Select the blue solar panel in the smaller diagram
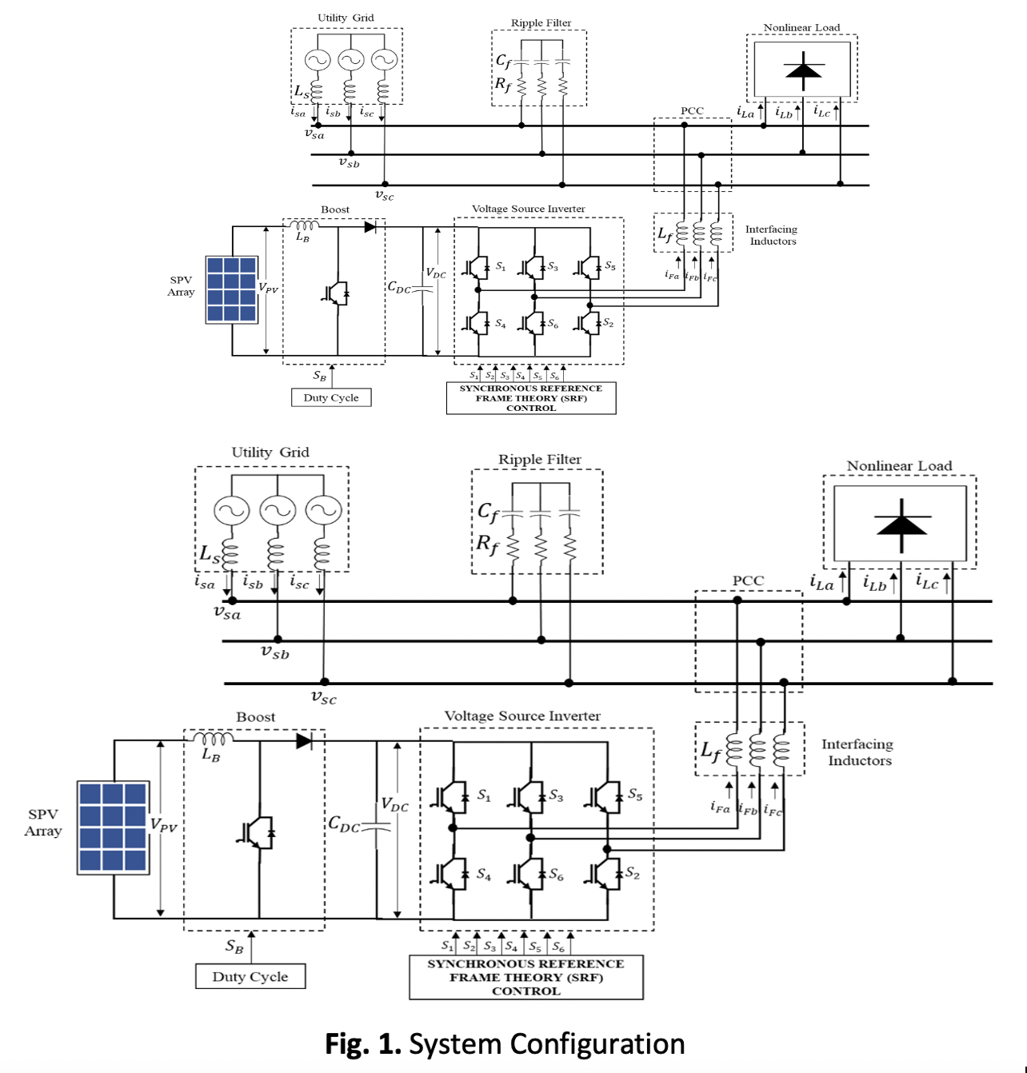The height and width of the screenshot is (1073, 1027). pyautogui.click(x=231, y=289)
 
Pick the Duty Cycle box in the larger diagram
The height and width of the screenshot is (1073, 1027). pyautogui.click(x=250, y=976)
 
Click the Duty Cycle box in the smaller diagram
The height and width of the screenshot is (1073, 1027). pyautogui.click(x=331, y=397)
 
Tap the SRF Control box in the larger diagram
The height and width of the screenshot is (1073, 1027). pyautogui.click(x=525, y=977)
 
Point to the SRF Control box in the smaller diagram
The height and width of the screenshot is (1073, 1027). pyautogui.click(x=531, y=398)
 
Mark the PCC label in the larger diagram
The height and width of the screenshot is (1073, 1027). pyautogui.click(x=748, y=580)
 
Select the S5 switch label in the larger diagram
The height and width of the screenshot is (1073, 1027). pyautogui.click(x=634, y=795)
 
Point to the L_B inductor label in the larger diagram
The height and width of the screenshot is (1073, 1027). pyautogui.click(x=210, y=754)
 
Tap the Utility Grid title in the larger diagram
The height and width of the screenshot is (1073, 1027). pyautogui.click(x=270, y=453)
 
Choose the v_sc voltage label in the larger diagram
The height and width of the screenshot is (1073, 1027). pyautogui.click(x=324, y=697)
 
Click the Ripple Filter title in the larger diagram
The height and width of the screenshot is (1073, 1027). pyautogui.click(x=540, y=460)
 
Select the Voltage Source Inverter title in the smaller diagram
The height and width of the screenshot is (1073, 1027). pyautogui.click(x=528, y=209)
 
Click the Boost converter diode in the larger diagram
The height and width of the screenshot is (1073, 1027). pyautogui.click(x=304, y=741)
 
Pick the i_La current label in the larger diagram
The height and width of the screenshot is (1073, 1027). pyautogui.click(x=821, y=583)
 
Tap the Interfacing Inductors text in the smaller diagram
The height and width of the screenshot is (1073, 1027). pyautogui.click(x=771, y=235)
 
